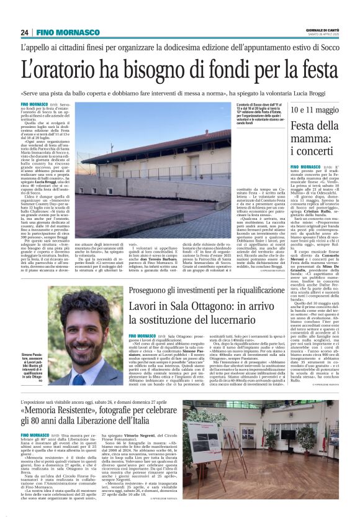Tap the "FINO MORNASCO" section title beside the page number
pos(68,32)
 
